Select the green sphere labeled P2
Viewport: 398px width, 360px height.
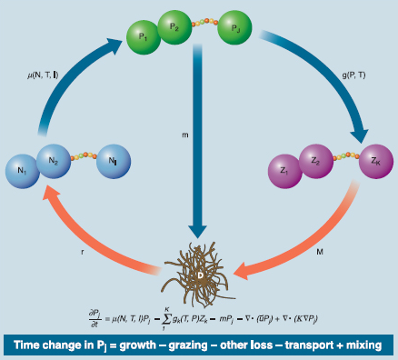click(x=175, y=28)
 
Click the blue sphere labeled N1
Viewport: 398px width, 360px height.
click(x=22, y=169)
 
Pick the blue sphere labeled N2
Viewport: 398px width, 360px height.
click(x=54, y=160)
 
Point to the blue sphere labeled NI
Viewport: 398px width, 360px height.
click(x=114, y=163)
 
